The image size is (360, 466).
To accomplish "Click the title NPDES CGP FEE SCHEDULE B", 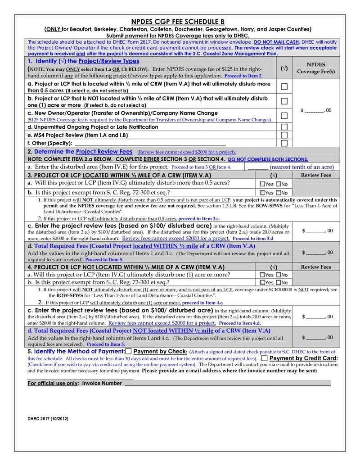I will [177, 22].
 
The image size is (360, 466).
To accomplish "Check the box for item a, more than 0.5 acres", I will [284, 86].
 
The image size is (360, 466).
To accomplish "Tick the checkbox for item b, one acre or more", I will [284, 101].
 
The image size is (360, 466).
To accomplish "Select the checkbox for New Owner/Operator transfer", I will [284, 116].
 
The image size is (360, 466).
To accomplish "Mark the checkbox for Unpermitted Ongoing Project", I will [284, 127].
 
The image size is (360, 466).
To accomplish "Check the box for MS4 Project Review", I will [284, 135].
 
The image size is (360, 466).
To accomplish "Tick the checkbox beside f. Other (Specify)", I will [284, 143].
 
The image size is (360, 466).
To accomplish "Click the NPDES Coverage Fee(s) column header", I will [315, 68].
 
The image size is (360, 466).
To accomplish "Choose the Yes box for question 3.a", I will [262, 184].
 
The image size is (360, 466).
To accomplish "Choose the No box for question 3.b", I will [278, 193].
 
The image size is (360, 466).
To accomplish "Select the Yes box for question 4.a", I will [262, 275].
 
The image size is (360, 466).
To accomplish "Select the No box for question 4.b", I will [278, 282].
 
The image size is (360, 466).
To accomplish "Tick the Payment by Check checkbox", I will [129, 351].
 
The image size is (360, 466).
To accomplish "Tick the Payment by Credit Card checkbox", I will [264, 358].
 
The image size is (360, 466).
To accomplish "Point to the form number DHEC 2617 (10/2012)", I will [48, 418].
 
